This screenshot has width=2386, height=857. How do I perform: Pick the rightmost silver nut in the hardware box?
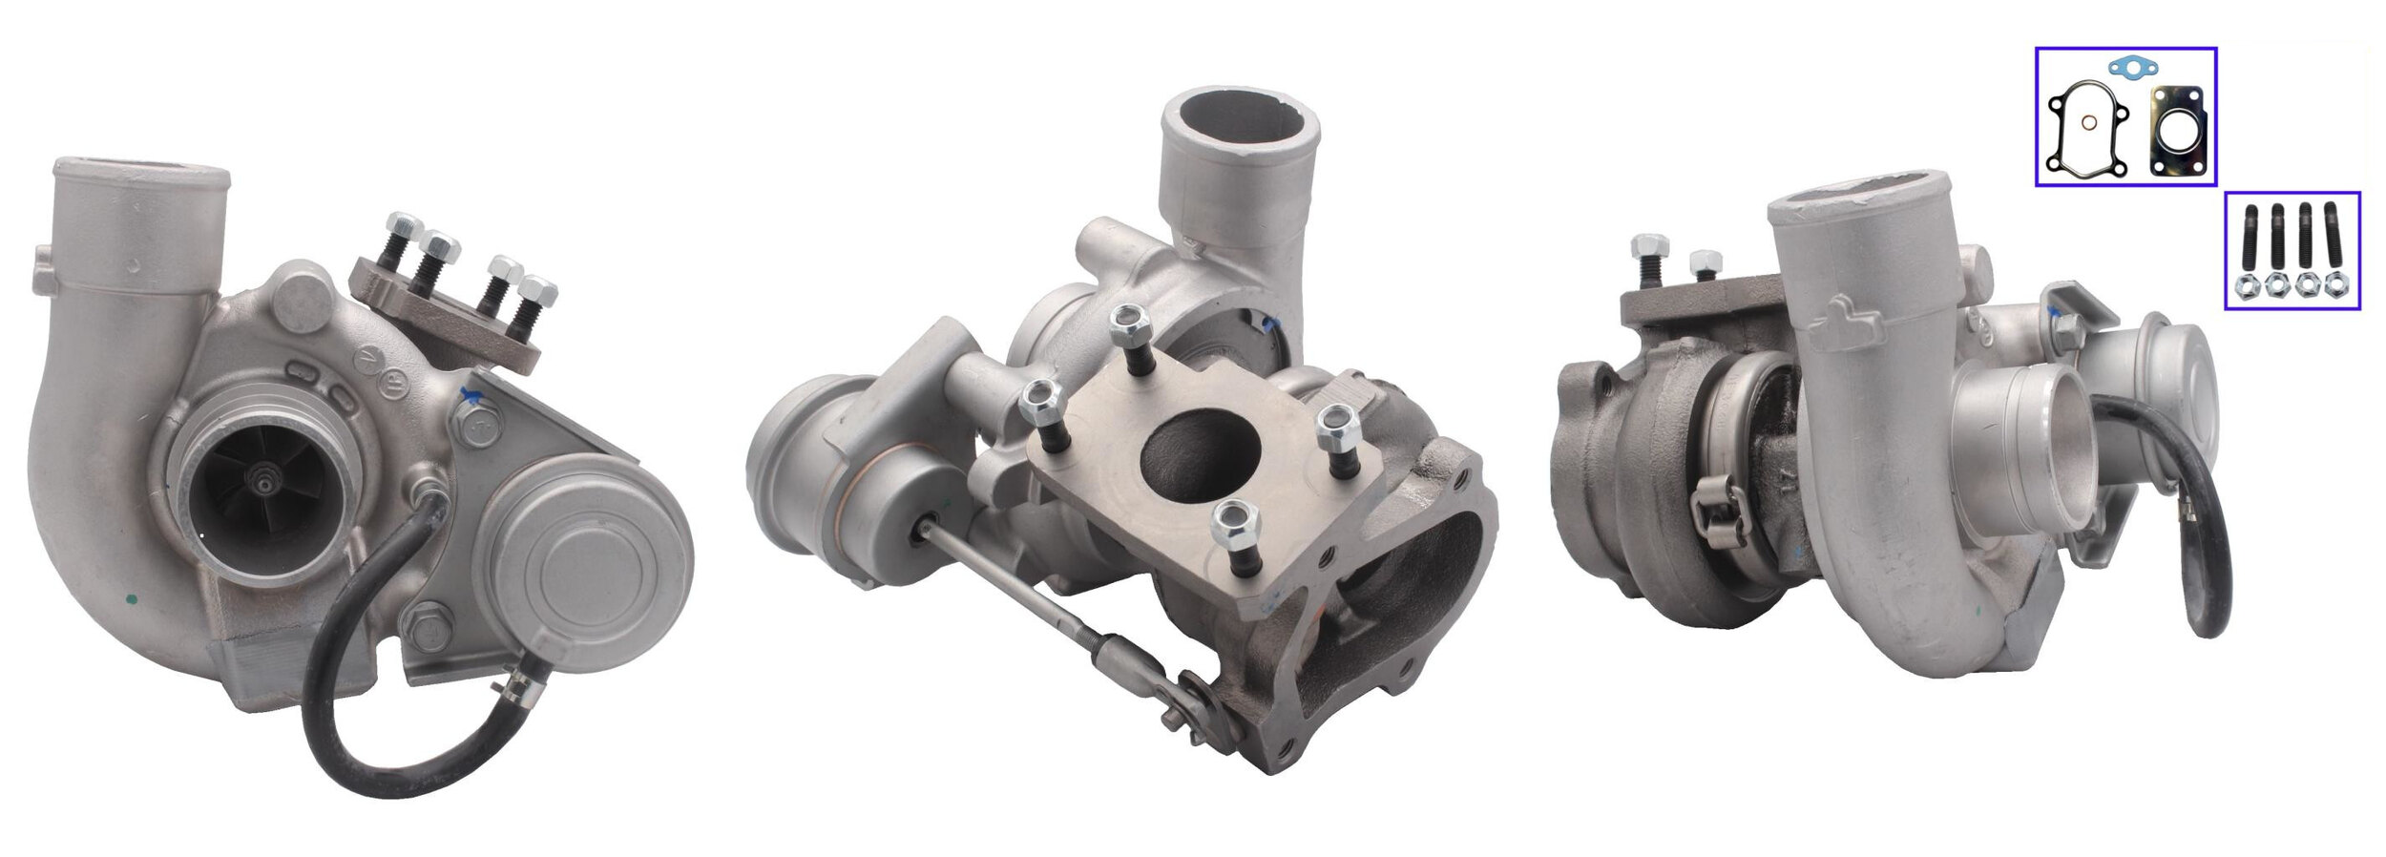pyautogui.click(x=2335, y=283)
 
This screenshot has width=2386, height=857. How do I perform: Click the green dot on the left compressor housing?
pyautogui.click(x=131, y=600)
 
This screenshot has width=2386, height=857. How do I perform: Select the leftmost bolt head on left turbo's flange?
pyautogui.click(x=402, y=227)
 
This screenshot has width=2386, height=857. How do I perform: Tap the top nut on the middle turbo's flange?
pyautogui.click(x=1129, y=322)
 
